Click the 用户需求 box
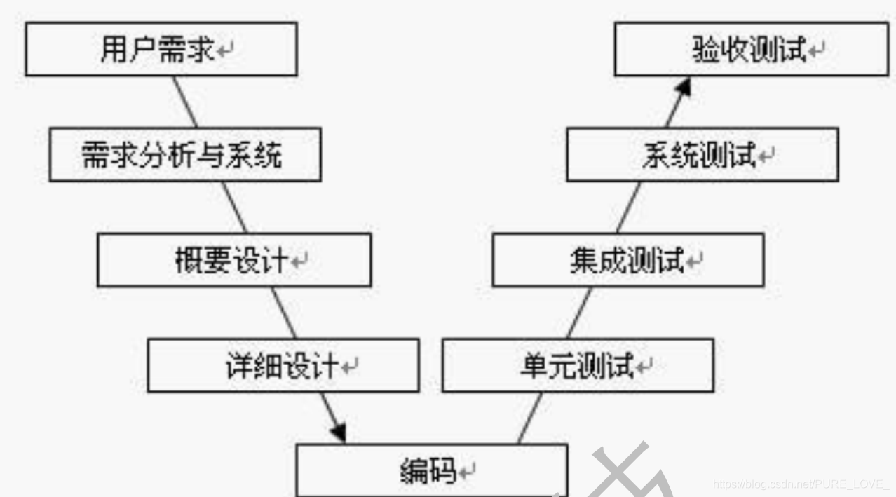click(x=161, y=50)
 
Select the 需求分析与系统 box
click(x=184, y=154)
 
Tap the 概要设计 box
click(x=233, y=260)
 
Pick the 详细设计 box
click(x=283, y=365)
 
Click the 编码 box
click(x=430, y=470)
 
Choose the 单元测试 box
click(x=577, y=365)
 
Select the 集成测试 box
click(x=627, y=260)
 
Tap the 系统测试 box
click(x=702, y=154)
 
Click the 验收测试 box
click(x=751, y=50)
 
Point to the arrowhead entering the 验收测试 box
click(x=684, y=87)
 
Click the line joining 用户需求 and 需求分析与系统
click(x=186, y=102)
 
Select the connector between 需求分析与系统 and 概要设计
click(x=235, y=207)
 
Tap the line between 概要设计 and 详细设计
click(x=284, y=313)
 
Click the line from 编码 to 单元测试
click(x=530, y=418)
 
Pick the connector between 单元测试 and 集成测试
click(x=579, y=313)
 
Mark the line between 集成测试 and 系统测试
click(x=629, y=207)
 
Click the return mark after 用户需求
click(x=225, y=51)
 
